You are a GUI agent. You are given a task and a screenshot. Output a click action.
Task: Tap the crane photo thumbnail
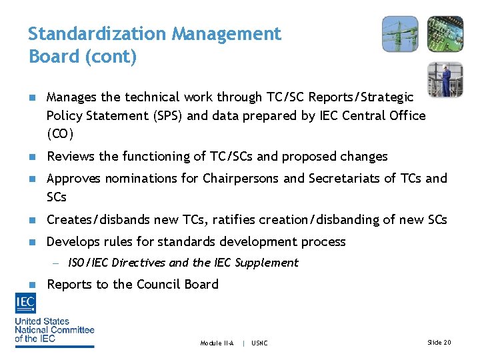point(400,34)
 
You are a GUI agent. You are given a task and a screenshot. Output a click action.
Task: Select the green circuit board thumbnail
point(445,34)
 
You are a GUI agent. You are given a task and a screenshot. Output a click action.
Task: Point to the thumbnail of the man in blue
point(445,79)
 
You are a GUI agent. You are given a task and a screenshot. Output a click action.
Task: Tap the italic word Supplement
point(268,263)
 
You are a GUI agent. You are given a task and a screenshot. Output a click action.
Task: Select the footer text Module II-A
point(217,343)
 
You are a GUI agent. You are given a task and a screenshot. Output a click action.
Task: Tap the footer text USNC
point(260,343)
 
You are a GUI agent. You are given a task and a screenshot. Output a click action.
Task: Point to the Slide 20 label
point(439,343)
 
